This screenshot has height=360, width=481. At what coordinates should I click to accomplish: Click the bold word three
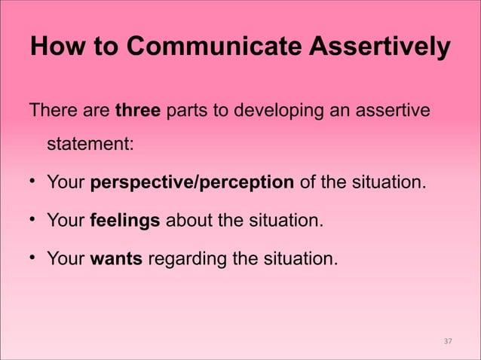[137, 111]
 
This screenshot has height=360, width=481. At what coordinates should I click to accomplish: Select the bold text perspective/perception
[191, 182]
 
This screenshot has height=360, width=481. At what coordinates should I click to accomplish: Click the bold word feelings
[124, 221]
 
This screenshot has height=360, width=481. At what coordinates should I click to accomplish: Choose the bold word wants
[116, 260]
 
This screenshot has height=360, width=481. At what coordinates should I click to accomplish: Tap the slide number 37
[447, 342]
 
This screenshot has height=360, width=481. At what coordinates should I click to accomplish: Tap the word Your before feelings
[65, 221]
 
